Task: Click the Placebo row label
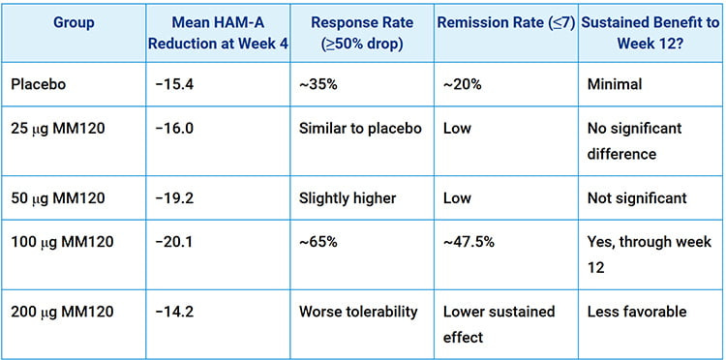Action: [x=38, y=85]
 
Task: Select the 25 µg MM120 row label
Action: [x=62, y=129]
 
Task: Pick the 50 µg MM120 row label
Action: [x=62, y=198]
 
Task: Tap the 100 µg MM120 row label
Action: [x=66, y=242]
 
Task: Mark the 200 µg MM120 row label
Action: [x=66, y=312]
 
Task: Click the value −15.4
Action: [x=176, y=85]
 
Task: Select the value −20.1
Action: [x=176, y=242]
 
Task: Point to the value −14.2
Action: [x=176, y=312]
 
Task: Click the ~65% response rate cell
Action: [x=318, y=242]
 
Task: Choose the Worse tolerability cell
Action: [x=357, y=312]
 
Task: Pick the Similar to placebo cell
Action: [x=360, y=129]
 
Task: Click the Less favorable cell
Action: [x=636, y=312]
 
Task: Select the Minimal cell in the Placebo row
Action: [x=615, y=85]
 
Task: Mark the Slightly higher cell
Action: [x=348, y=198]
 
